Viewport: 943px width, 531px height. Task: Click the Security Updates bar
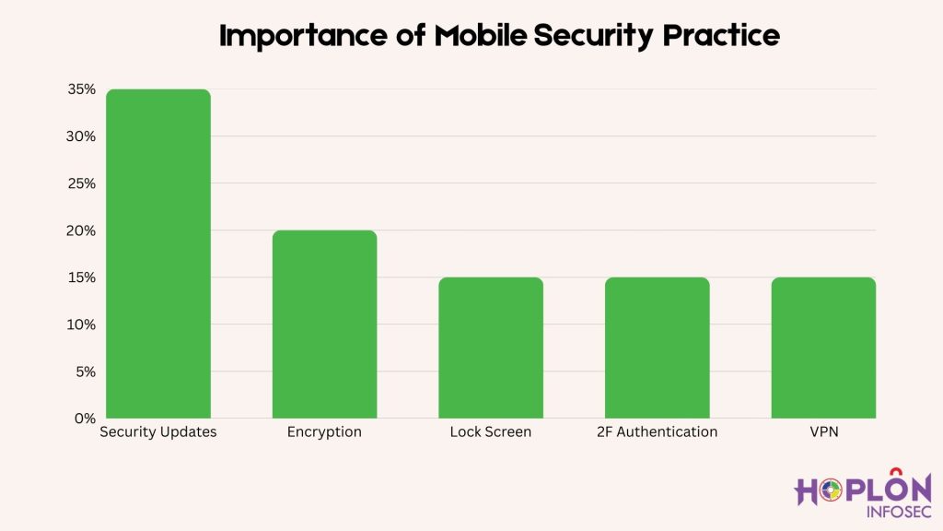(x=158, y=254)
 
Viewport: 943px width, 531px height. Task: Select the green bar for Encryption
(x=324, y=324)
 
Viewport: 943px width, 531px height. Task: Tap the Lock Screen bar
(x=491, y=348)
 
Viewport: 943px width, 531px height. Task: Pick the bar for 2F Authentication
(x=657, y=348)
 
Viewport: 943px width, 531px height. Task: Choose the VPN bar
(x=823, y=348)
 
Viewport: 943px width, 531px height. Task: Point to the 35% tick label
(x=81, y=89)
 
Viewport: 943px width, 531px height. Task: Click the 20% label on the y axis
(x=81, y=230)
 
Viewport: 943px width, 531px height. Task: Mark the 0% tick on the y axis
(x=85, y=419)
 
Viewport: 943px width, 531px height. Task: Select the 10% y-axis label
(x=81, y=324)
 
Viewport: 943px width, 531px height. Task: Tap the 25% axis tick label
(x=81, y=183)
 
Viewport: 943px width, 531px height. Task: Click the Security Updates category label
(x=158, y=431)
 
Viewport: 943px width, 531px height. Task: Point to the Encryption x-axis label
(x=324, y=431)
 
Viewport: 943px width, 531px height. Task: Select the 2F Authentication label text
(x=657, y=431)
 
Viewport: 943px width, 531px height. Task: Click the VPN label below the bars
(x=823, y=431)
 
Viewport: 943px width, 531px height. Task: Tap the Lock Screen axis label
(x=491, y=431)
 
